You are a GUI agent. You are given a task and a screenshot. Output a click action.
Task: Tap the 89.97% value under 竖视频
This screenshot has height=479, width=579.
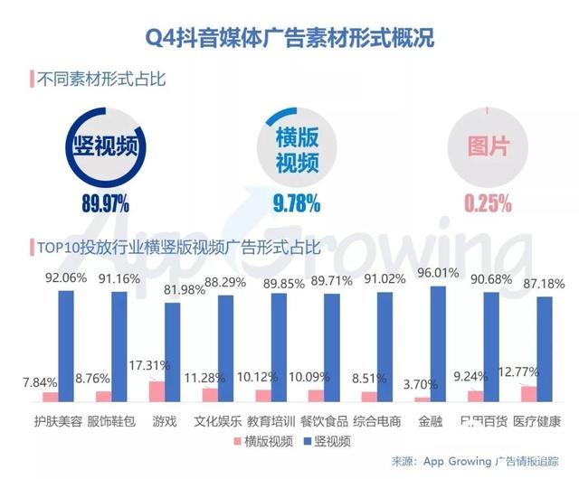coord(106,202)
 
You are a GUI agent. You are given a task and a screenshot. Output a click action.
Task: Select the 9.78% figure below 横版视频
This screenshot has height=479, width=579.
coord(296,202)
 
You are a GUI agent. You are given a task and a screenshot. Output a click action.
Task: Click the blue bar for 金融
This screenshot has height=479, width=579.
coord(439,343)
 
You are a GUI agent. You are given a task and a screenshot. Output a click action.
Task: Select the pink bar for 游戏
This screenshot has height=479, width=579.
coord(157,391)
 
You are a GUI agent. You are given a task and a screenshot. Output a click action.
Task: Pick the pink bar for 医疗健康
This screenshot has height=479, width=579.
coord(528,393)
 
